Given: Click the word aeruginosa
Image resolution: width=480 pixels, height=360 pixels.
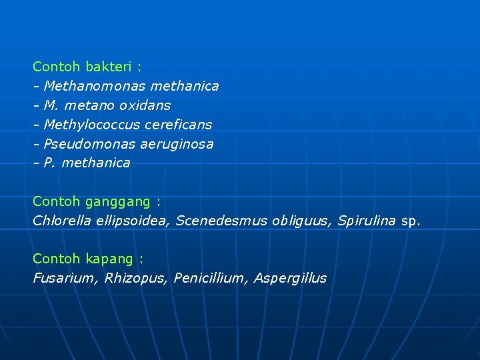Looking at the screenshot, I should [177, 144].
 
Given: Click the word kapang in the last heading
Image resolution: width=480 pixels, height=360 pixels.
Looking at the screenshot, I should [110, 259].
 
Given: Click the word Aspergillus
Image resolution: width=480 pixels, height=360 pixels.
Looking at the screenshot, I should [291, 278].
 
